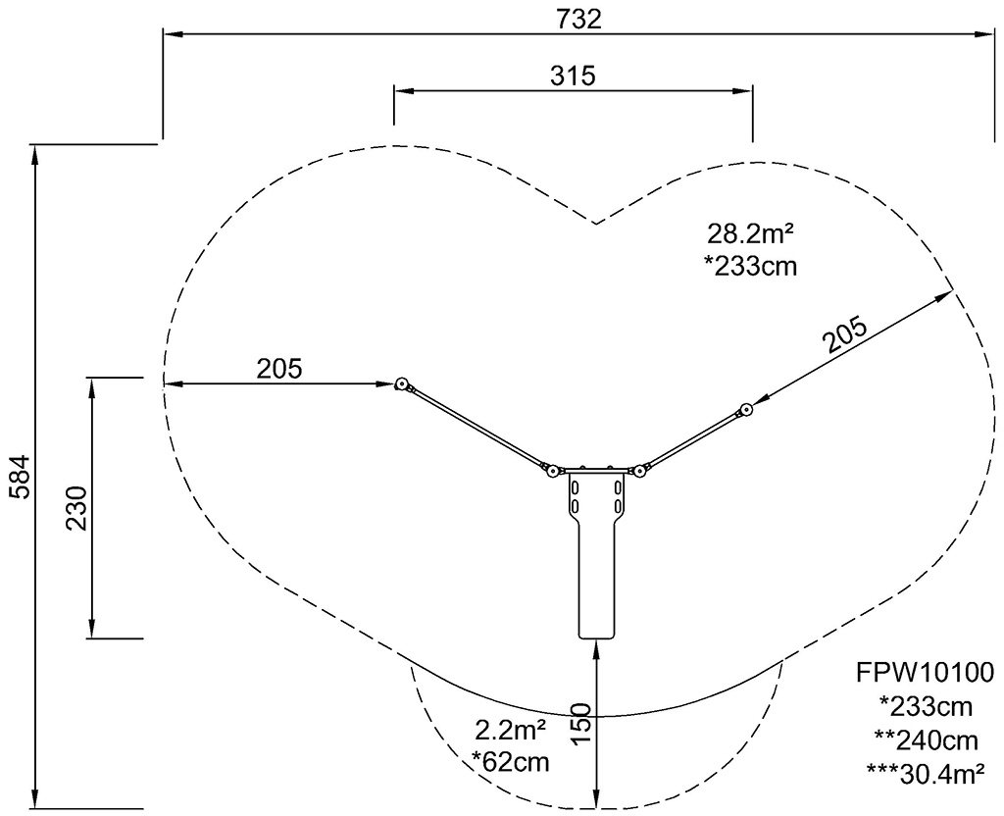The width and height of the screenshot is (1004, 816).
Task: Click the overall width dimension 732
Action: coord(578,20)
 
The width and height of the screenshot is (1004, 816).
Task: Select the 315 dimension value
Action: coord(573,76)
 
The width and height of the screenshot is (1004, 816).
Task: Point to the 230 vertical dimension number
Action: coord(76,509)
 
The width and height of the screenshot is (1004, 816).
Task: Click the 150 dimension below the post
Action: coord(580,724)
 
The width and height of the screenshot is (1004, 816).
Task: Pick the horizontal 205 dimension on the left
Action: coord(279,369)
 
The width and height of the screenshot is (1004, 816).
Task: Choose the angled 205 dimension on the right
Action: coord(845,334)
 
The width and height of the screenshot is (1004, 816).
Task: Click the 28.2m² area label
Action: coord(750,233)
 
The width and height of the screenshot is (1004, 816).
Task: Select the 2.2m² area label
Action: coord(510,730)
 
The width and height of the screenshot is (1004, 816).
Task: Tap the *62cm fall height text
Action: coord(510,761)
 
